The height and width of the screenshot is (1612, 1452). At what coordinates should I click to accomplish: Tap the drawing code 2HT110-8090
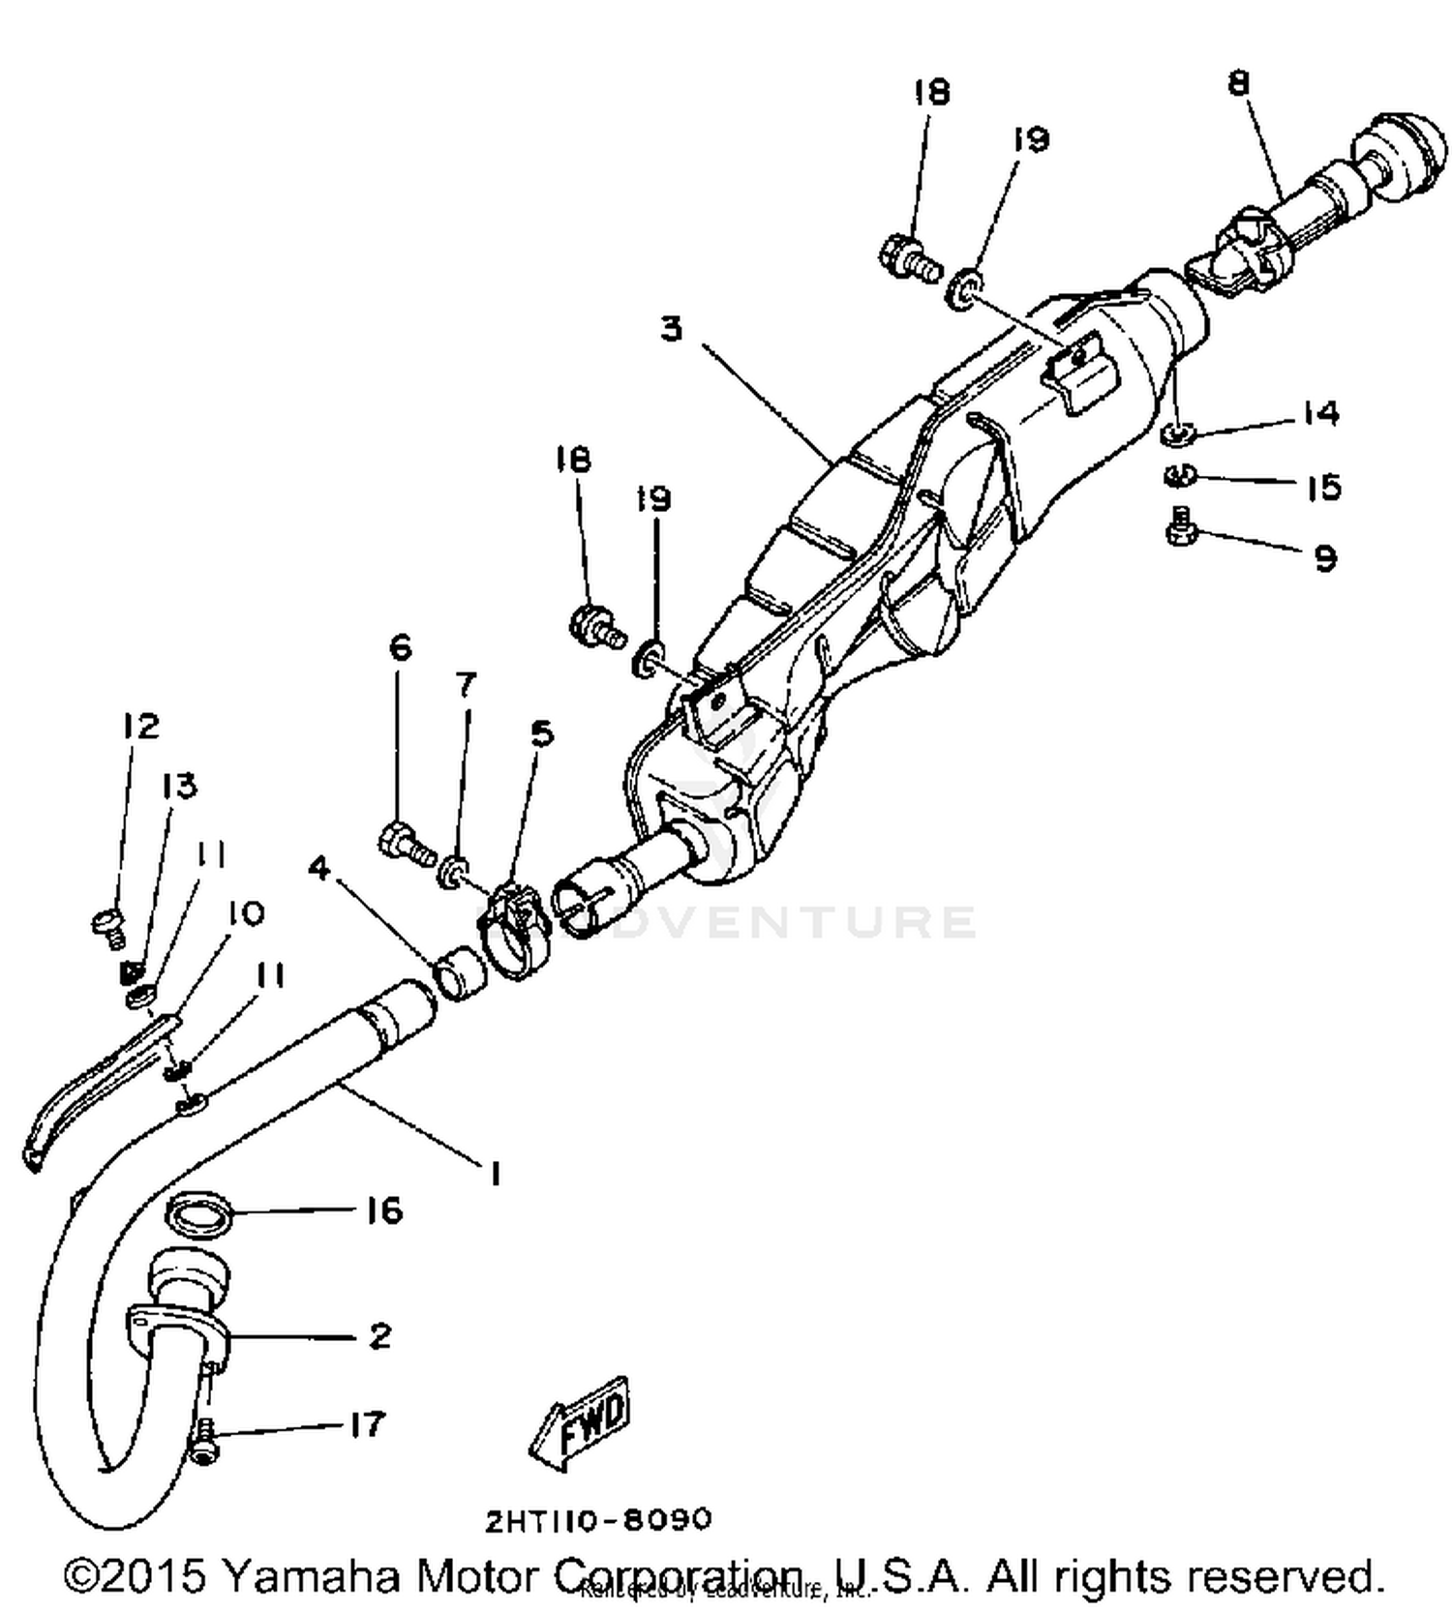(x=598, y=1520)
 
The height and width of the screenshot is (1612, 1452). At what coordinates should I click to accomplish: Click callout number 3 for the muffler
(x=671, y=328)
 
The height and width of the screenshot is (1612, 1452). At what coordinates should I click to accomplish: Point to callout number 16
(x=384, y=1210)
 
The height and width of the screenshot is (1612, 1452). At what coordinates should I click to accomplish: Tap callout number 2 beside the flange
(x=380, y=1336)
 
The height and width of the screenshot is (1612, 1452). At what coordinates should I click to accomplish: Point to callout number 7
(x=466, y=685)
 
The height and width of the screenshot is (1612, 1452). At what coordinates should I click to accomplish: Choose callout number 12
(x=141, y=726)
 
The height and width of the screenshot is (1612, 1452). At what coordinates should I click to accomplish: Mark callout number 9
(x=1325, y=558)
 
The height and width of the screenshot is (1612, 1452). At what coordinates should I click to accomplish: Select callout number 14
(x=1320, y=413)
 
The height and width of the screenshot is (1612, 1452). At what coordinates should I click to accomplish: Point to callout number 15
(x=1323, y=487)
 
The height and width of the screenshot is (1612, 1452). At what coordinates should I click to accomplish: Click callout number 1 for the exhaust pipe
(x=495, y=1174)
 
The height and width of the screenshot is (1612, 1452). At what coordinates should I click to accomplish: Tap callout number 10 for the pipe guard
(x=246, y=912)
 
